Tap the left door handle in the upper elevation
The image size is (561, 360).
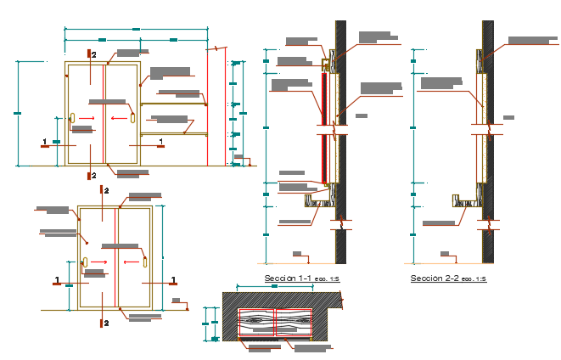point(74,119)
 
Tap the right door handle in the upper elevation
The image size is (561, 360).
point(132,118)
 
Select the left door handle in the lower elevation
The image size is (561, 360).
point(86,262)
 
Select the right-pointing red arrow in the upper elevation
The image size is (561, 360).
point(87,119)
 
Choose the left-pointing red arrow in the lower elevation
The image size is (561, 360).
point(129,262)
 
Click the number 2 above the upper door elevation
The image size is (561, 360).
point(94,55)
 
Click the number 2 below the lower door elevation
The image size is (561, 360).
point(106,323)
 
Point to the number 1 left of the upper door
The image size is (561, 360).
point(44,140)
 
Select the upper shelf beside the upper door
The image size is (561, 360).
point(174,104)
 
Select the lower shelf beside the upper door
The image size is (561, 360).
point(174,133)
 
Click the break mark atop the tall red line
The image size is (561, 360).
point(217,49)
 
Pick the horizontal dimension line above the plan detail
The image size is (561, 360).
point(275,288)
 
